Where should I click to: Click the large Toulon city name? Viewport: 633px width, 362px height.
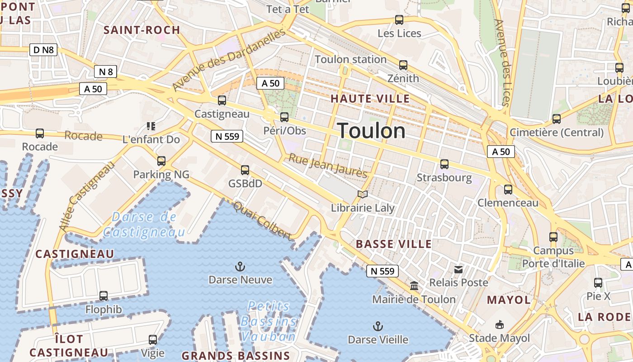point(372,131)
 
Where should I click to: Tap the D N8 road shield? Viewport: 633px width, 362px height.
point(44,50)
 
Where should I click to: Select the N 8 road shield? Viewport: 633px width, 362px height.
point(106,71)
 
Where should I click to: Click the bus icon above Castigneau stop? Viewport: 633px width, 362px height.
point(222,100)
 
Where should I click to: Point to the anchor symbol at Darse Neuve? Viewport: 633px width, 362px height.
point(241,267)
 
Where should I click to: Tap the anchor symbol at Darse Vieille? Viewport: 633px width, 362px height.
point(378,326)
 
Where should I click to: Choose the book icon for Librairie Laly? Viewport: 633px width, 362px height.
point(362,195)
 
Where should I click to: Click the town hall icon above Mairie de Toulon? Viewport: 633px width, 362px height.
point(414,286)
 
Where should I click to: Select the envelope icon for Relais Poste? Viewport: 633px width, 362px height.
point(458,270)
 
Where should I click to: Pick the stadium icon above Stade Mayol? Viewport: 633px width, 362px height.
point(499,324)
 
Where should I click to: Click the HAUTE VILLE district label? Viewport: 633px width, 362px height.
point(370,99)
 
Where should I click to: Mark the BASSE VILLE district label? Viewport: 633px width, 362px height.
point(394,244)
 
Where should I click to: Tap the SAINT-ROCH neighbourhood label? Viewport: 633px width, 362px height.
point(142,30)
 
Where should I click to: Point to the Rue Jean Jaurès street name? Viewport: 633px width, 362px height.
point(328,166)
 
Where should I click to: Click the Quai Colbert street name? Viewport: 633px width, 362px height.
point(262,221)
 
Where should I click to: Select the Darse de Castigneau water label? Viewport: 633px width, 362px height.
point(144,224)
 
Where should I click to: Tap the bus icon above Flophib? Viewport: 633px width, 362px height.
point(104,296)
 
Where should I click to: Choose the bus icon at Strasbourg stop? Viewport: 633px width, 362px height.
point(444,164)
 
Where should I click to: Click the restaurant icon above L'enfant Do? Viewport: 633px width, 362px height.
point(151,126)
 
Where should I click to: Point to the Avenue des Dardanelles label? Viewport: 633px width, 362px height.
point(229,59)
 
